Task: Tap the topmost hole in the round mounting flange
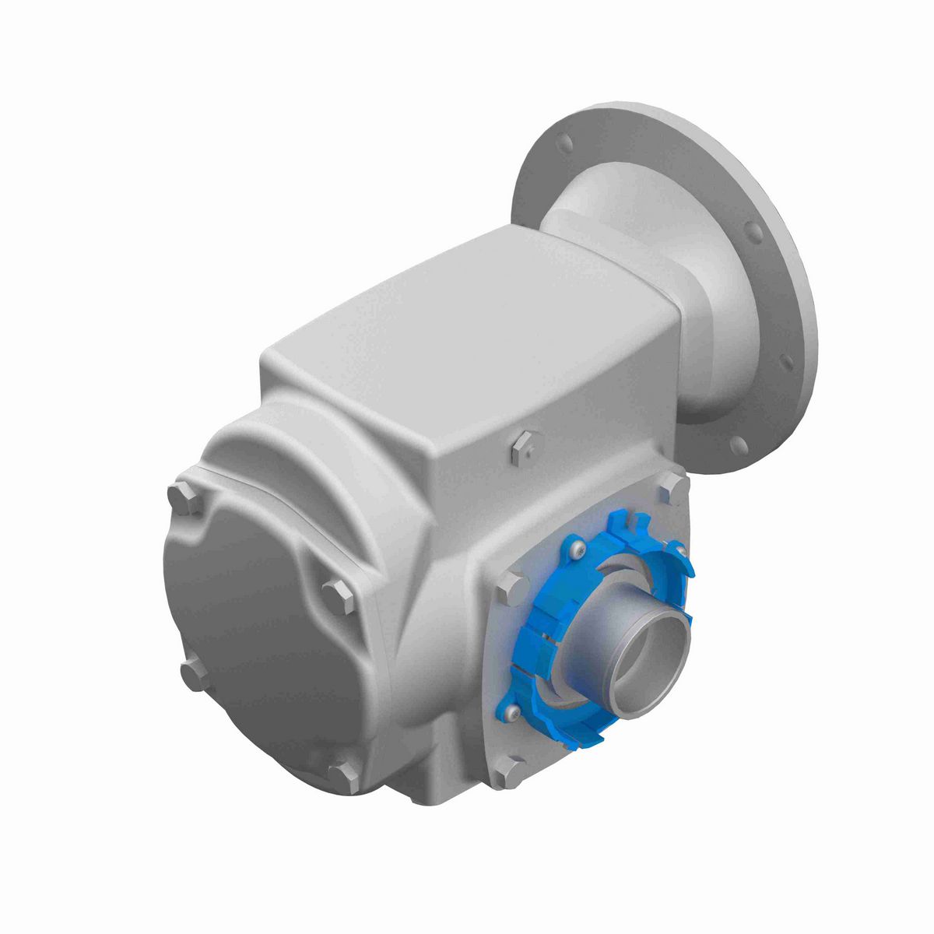[x=566, y=143]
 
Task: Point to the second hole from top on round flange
[x=753, y=231]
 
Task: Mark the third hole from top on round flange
[x=786, y=361]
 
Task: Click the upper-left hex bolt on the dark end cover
[x=180, y=496]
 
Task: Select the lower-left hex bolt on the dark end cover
[x=191, y=673]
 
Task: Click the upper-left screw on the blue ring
[x=574, y=550]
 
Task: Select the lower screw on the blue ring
[x=509, y=711]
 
